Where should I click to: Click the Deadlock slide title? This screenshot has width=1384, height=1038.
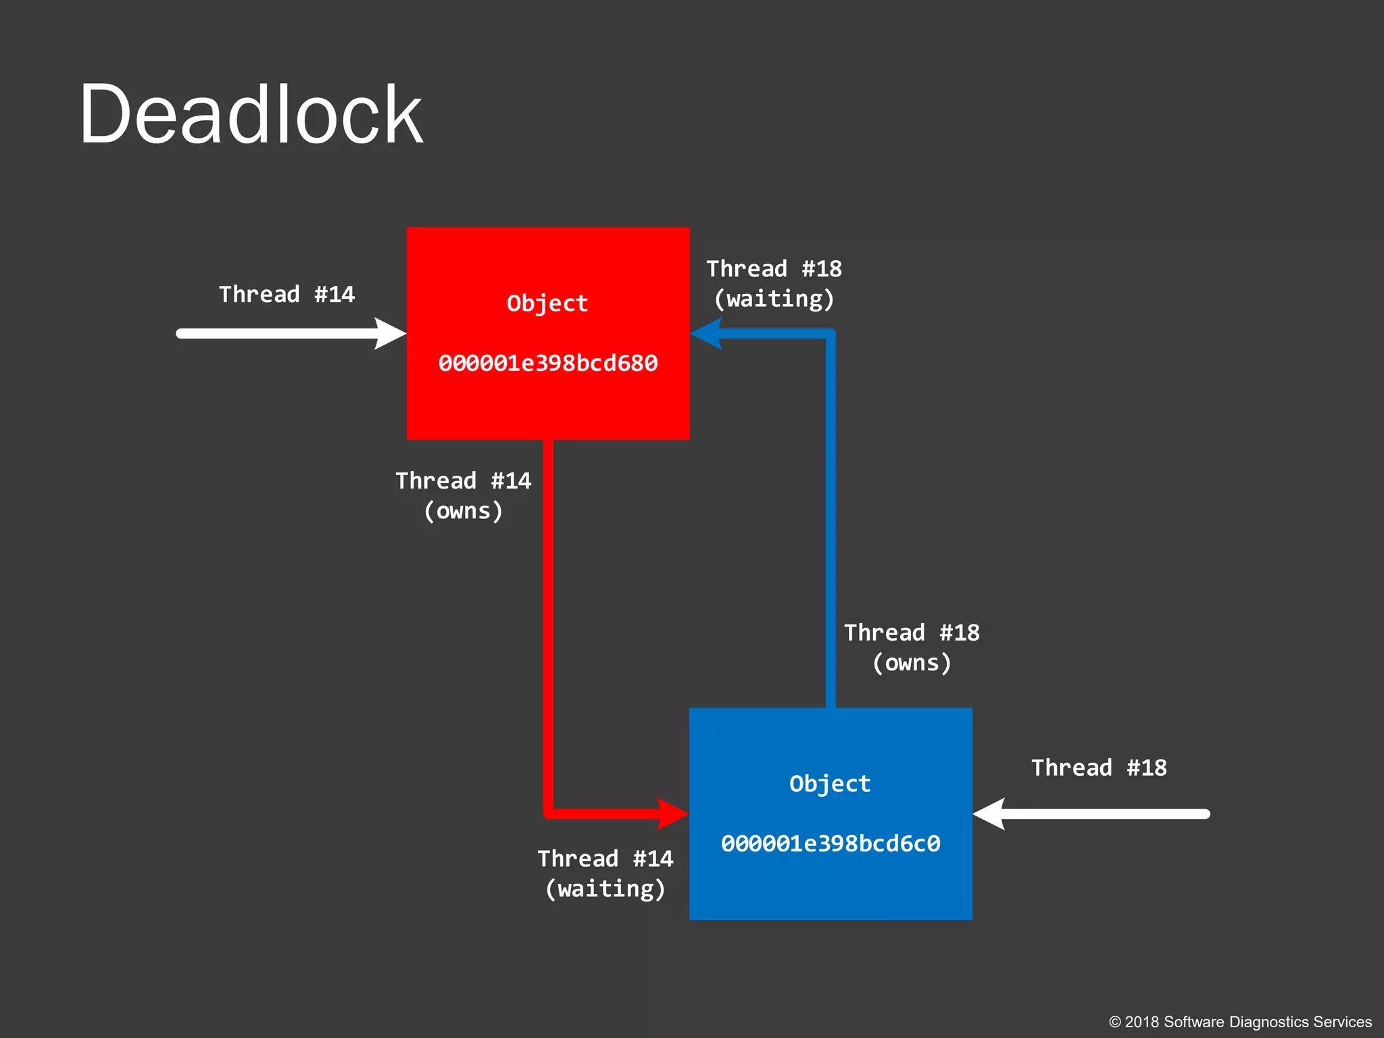click(x=251, y=115)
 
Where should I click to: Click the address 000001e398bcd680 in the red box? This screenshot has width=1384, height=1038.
click(x=548, y=364)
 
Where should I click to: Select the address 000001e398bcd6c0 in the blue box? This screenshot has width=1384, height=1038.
click(x=831, y=844)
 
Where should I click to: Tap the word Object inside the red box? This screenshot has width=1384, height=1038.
click(x=547, y=303)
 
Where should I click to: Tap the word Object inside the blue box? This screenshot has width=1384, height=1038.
click(x=830, y=784)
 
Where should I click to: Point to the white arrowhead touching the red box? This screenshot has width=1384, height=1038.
click(x=392, y=334)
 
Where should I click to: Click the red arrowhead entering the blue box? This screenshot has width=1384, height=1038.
click(x=673, y=814)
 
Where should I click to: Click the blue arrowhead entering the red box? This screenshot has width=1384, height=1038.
click(x=706, y=333)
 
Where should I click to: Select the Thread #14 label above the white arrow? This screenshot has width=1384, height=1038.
click(x=287, y=295)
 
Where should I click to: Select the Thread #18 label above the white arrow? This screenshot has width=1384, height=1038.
click(x=1099, y=768)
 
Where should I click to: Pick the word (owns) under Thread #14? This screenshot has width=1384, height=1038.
click(x=464, y=512)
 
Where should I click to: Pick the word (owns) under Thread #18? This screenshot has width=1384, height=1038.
click(x=912, y=664)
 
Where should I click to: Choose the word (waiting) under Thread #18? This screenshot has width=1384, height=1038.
click(x=774, y=299)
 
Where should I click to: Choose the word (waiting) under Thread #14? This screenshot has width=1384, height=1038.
click(x=605, y=889)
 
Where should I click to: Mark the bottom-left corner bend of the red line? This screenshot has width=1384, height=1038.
click(x=549, y=813)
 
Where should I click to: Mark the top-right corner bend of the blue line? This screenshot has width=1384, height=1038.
click(x=831, y=334)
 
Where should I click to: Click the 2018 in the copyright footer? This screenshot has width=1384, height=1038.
click(x=1142, y=1022)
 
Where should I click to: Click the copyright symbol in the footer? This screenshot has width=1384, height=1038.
click(x=1115, y=1022)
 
